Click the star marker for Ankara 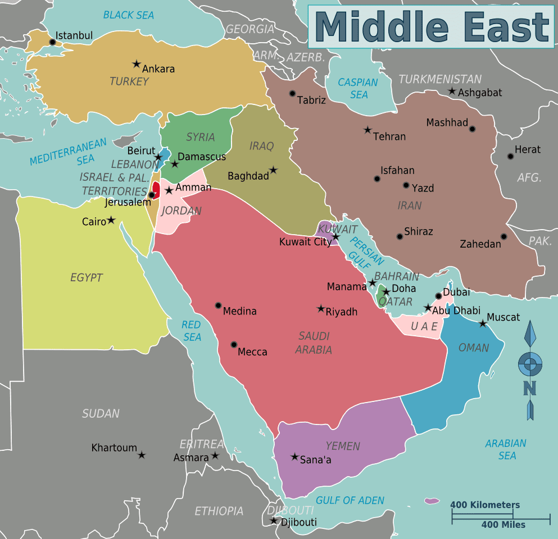136,65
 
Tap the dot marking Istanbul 53,42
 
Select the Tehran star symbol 368,130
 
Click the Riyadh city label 342,312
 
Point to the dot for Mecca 234,345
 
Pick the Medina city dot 218,305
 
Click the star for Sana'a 294,457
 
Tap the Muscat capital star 482,323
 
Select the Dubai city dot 439,296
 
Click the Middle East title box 431,27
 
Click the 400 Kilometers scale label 485,505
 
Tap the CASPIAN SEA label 358,89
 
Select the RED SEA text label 192,331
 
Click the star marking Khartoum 142,455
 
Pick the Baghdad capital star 273,170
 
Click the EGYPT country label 87,277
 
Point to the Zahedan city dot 504,236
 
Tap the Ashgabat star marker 452,91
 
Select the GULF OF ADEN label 350,500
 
